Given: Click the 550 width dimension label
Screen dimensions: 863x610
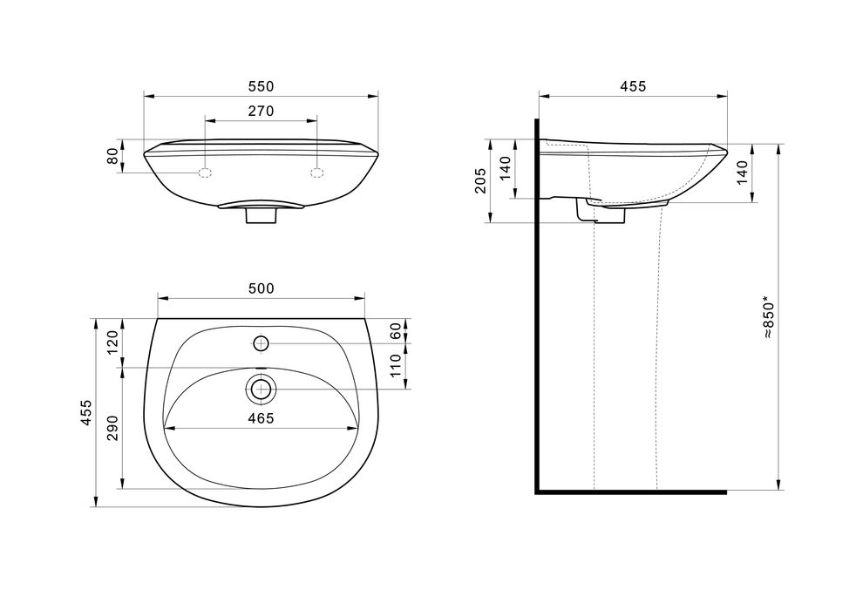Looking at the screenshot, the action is (x=261, y=86).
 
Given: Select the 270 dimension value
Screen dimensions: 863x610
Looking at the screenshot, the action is (x=261, y=112).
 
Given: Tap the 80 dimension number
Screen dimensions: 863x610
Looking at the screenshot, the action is (x=112, y=156).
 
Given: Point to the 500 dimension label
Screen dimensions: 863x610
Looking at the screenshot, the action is (x=261, y=288).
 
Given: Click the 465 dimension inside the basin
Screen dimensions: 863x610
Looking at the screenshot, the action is (x=261, y=418).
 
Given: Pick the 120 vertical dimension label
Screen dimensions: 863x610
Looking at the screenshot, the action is (x=112, y=342).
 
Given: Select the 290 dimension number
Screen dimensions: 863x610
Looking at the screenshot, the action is (x=112, y=428).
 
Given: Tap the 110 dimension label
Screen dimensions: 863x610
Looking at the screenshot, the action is (x=395, y=366).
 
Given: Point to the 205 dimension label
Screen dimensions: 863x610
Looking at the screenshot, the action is (x=480, y=180).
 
